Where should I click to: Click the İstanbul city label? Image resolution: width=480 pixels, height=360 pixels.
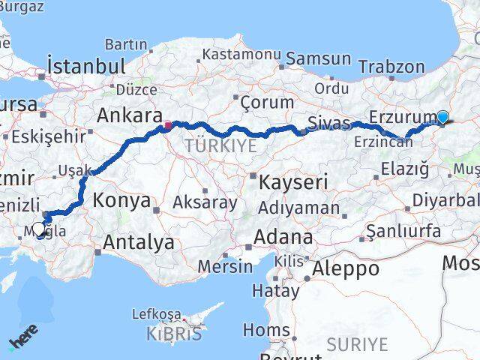(x=85, y=66)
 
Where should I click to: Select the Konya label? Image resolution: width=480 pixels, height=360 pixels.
(x=122, y=201)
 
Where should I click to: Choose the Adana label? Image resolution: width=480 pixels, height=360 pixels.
(x=283, y=237)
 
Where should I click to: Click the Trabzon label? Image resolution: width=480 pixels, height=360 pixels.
(x=391, y=66)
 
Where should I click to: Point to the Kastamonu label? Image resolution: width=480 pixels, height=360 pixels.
(x=240, y=55)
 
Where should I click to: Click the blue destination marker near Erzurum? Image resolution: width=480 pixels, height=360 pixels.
(x=442, y=117)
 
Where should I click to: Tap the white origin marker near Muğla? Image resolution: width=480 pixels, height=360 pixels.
(x=39, y=229)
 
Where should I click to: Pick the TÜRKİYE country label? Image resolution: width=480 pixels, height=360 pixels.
(x=221, y=145)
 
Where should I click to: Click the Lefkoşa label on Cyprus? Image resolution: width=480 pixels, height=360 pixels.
(x=156, y=313)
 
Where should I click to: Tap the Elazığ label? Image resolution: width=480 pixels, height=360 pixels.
(x=405, y=168)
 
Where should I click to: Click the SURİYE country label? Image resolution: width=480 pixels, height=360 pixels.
(x=358, y=344)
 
